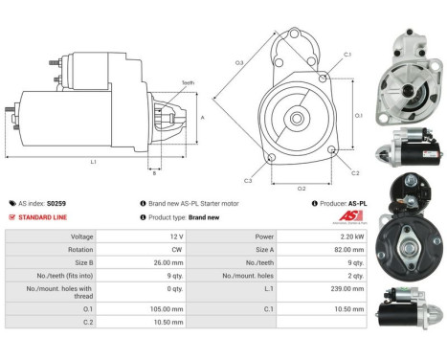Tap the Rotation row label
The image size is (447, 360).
pos(80,250)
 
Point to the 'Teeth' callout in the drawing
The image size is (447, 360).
pos(188,83)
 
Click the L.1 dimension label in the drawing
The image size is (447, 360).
pos(93,162)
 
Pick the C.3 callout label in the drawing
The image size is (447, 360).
pos(247,180)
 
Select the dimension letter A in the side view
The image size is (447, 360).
pos(202,118)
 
